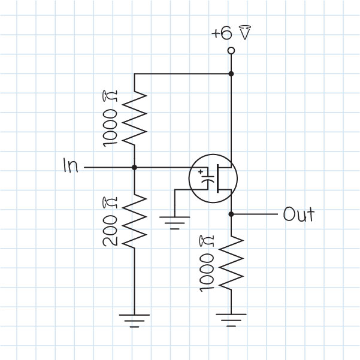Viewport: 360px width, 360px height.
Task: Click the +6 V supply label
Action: pyautogui.click(x=230, y=34)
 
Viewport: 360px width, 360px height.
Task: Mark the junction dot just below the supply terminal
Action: pyautogui.click(x=231, y=74)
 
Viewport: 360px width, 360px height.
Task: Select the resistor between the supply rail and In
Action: pyautogui.click(x=134, y=117)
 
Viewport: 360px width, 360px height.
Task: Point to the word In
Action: pyautogui.click(x=70, y=167)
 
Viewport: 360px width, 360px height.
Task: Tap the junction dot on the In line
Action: pyautogui.click(x=134, y=167)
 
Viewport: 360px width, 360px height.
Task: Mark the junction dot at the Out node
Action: pyautogui.click(x=231, y=214)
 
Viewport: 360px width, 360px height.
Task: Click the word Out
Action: pyautogui.click(x=298, y=214)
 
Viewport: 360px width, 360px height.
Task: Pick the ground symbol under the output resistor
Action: pyautogui.click(x=231, y=317)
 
